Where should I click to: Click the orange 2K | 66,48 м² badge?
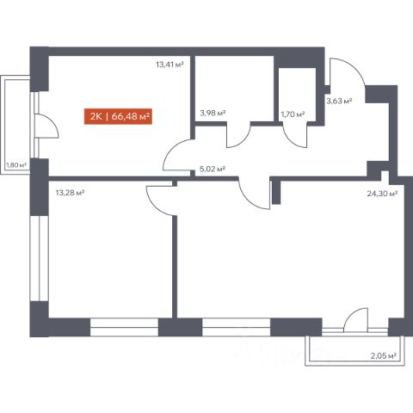(x=118, y=116)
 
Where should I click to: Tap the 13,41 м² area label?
(x=170, y=65)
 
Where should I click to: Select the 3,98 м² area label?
(x=213, y=113)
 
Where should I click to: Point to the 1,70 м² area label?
(x=293, y=114)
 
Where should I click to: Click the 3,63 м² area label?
(x=339, y=101)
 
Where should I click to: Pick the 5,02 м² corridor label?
(x=213, y=169)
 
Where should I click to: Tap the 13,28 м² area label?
(x=70, y=193)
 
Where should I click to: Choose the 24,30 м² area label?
(x=382, y=194)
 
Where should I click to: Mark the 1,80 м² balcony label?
(x=16, y=165)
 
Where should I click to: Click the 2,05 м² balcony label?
(x=384, y=356)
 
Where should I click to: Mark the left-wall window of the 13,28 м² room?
(x=39, y=258)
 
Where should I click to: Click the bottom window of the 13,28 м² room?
(x=124, y=327)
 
